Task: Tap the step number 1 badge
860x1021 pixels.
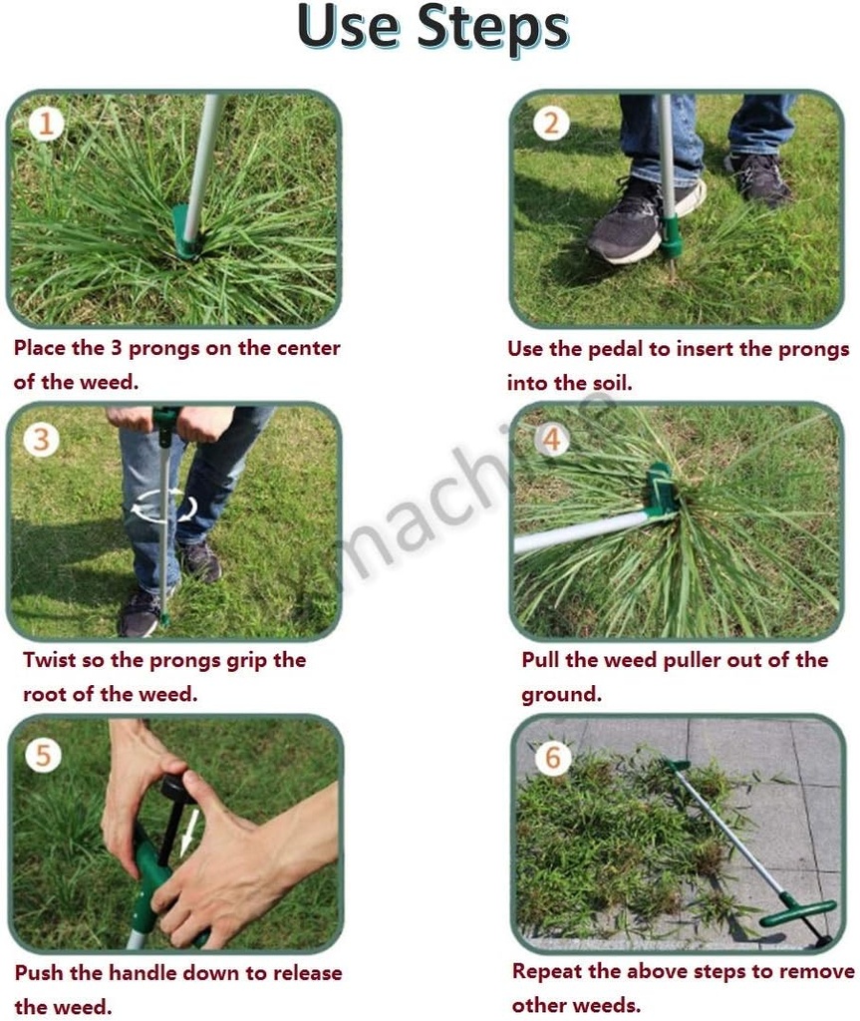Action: (46, 124)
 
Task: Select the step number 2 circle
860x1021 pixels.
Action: (551, 124)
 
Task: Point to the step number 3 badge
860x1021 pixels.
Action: (41, 440)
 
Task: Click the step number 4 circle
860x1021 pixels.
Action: (551, 440)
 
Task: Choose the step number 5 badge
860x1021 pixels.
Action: (43, 755)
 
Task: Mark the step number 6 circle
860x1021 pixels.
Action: (553, 759)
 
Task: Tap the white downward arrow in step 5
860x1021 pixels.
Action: (187, 834)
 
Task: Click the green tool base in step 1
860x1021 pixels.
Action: (185, 232)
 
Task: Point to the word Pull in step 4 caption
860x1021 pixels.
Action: (542, 660)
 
